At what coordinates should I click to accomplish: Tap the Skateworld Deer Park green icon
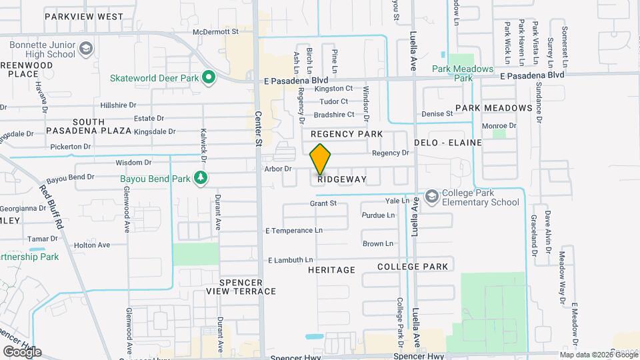coord(209,78)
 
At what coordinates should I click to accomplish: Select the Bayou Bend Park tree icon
coord(199,178)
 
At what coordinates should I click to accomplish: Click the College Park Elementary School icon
coord(432,195)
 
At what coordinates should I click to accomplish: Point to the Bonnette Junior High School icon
coord(85,48)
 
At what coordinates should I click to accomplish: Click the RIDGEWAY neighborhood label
coord(342,179)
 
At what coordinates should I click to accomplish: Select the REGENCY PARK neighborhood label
coord(347,134)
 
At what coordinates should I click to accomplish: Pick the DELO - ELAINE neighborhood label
coord(444,143)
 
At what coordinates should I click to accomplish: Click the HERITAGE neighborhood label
coord(331,270)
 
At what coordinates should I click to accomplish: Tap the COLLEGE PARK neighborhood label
coord(412,266)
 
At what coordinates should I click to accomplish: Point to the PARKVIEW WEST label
coord(83,16)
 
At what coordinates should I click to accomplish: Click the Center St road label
coord(259,128)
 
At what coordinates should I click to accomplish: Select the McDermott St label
coord(215,31)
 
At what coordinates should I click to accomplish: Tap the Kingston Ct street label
coord(334,88)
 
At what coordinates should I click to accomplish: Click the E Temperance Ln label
coord(293,230)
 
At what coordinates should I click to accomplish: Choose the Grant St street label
coord(323,203)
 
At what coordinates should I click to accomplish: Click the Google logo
coord(22,351)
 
